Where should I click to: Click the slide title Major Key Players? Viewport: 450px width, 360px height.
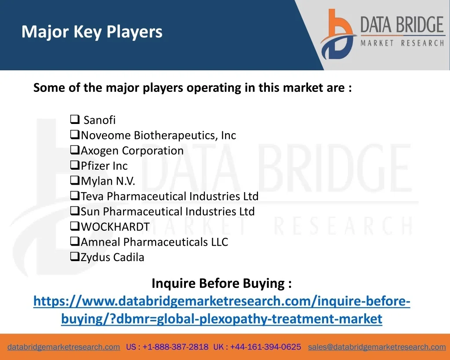(x=92, y=32)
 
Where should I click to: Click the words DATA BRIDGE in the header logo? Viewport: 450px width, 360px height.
(x=402, y=25)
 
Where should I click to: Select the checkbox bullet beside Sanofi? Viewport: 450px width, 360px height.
(x=75, y=119)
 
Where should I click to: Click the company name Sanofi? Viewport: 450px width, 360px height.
(x=99, y=120)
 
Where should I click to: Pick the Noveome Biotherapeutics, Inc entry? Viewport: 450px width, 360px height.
(x=158, y=135)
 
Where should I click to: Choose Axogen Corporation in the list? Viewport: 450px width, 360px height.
(x=132, y=150)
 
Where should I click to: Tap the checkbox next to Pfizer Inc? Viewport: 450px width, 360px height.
(x=75, y=165)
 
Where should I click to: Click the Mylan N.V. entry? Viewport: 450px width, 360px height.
(x=108, y=181)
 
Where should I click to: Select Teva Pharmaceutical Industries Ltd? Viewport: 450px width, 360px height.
(x=170, y=196)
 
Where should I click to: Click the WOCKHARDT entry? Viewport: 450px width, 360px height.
(x=116, y=227)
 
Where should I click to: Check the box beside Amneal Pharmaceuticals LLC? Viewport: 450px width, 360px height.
(x=75, y=241)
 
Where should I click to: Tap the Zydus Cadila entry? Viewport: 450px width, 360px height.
(x=112, y=257)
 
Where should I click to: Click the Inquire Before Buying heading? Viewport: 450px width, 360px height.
(x=221, y=284)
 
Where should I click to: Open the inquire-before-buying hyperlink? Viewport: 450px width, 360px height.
(x=222, y=310)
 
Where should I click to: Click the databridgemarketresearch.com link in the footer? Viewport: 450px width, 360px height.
(x=64, y=347)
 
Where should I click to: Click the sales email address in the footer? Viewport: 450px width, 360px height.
(x=377, y=347)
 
